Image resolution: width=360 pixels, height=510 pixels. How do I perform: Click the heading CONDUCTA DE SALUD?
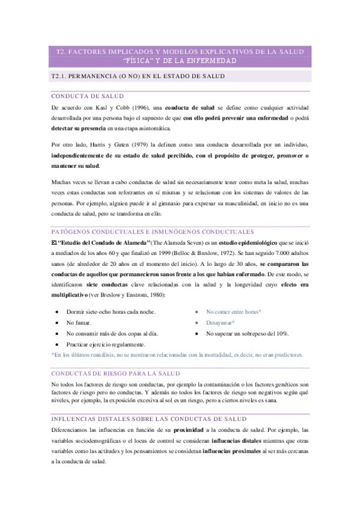tap(87, 96)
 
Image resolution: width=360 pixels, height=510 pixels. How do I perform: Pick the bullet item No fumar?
tap(79, 322)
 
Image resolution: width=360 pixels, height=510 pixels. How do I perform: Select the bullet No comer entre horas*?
tap(233, 312)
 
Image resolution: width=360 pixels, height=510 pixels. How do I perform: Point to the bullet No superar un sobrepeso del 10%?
tap(247, 333)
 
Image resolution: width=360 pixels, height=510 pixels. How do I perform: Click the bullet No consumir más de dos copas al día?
tap(112, 333)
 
